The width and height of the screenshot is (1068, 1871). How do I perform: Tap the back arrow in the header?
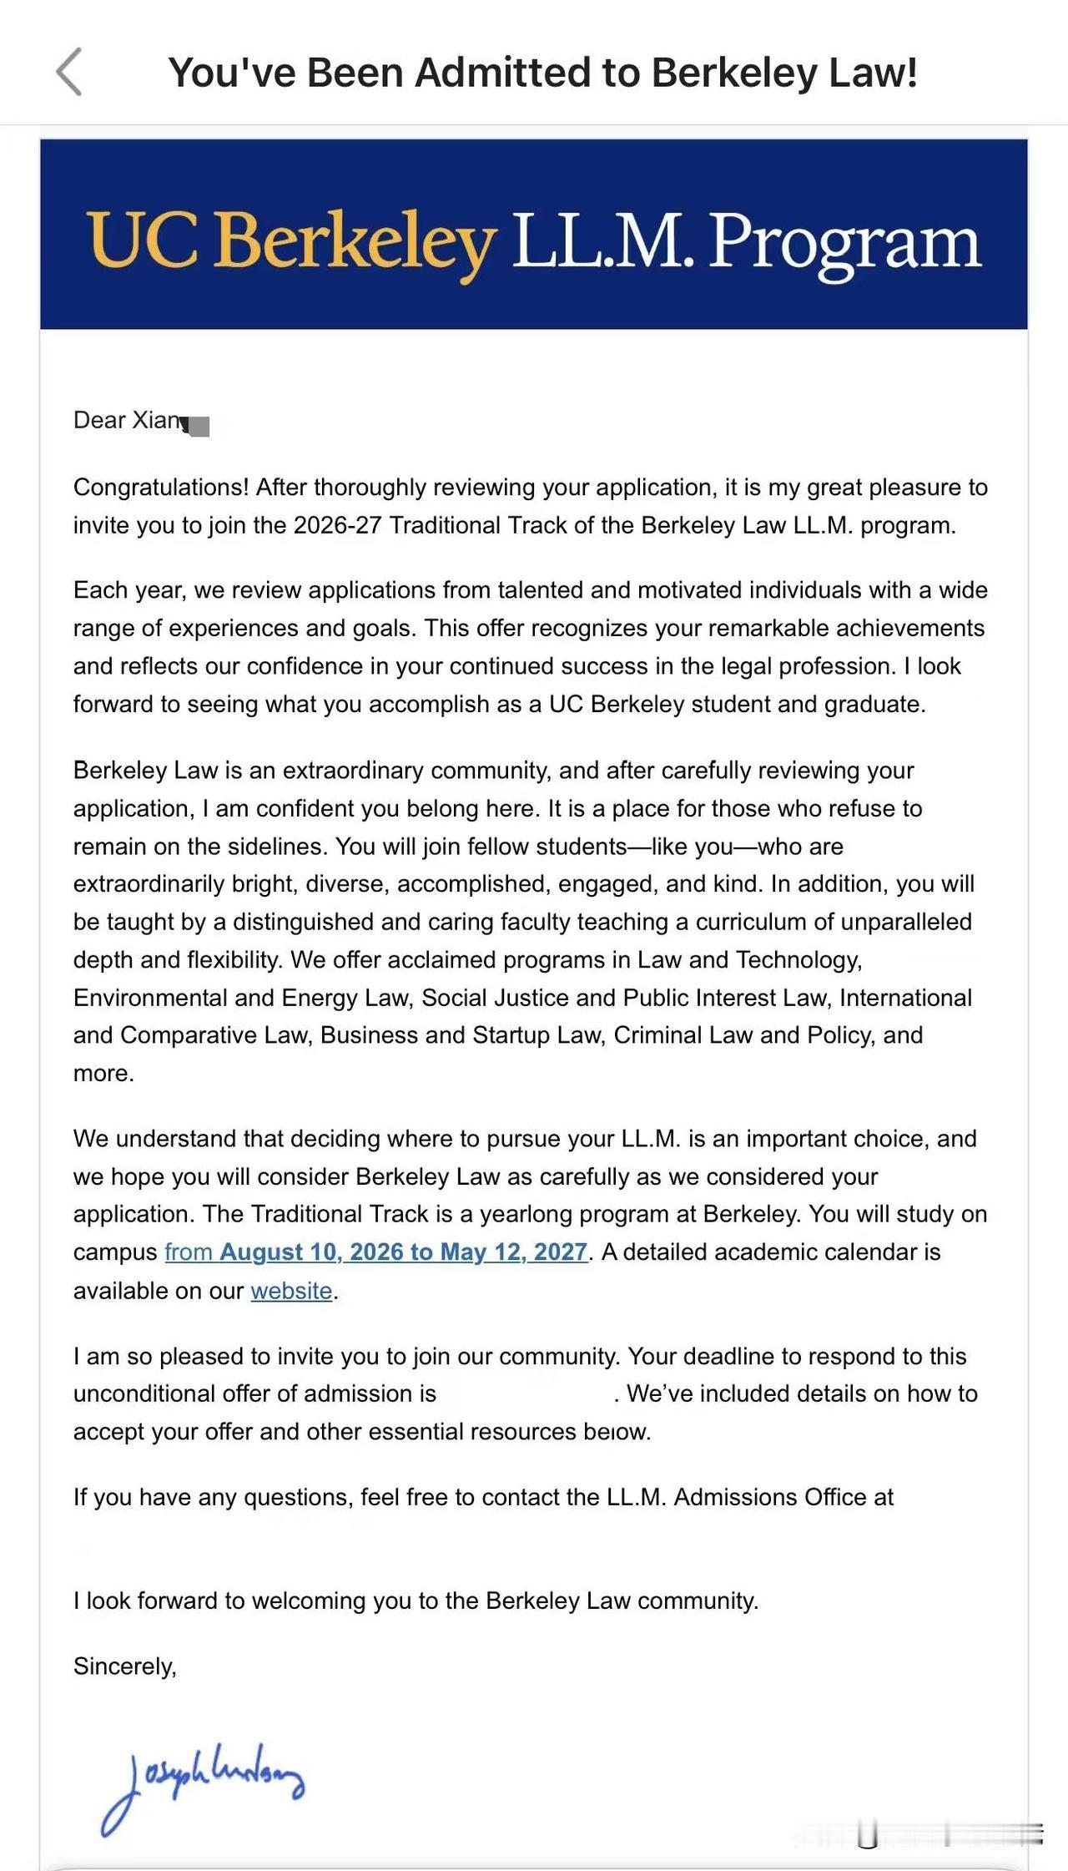(x=69, y=73)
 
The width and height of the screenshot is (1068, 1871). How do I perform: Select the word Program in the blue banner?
(x=844, y=240)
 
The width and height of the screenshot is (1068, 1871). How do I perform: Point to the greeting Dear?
(x=99, y=420)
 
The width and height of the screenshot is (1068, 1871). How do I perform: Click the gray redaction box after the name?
(x=199, y=427)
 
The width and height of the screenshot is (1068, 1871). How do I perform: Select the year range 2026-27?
(x=338, y=525)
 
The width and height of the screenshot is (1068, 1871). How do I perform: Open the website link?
(x=291, y=1291)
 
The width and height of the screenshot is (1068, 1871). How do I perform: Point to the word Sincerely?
(x=124, y=1666)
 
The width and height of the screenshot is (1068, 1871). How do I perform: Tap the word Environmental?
(x=149, y=998)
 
